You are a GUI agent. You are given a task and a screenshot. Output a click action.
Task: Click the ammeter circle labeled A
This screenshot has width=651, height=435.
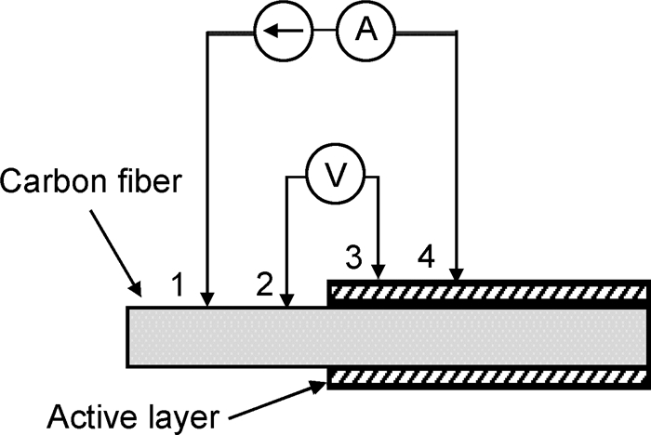(369, 33)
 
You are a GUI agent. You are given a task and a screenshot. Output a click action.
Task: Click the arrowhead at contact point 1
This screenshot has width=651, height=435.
(206, 299)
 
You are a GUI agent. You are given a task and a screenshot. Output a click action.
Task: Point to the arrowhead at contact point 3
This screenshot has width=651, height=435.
(378, 272)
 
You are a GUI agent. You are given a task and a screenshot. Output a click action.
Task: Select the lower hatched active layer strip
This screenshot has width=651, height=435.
(488, 378)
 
